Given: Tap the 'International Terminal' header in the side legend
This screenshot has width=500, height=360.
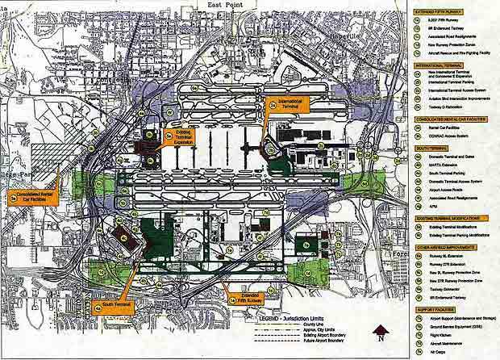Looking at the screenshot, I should click(446, 64).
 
